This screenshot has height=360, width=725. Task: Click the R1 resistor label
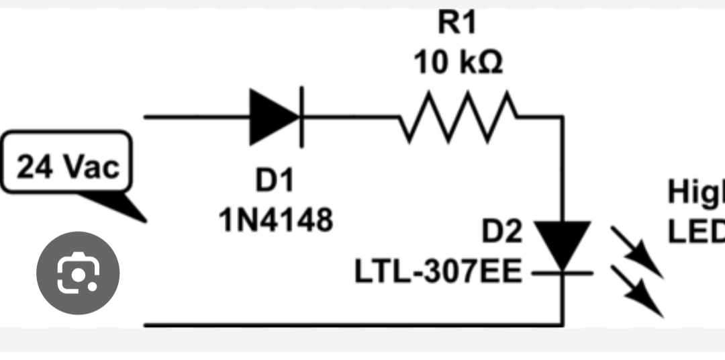point(456,23)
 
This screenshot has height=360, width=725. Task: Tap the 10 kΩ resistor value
point(458,63)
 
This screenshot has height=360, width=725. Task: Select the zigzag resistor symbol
point(460,117)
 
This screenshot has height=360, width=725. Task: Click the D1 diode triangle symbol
point(274,117)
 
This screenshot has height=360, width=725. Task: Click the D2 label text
point(501,232)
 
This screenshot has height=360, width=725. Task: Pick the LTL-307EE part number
point(438,273)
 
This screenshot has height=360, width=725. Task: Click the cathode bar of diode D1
point(301,117)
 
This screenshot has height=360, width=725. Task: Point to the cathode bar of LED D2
point(563,273)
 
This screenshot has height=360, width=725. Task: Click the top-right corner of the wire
point(563,117)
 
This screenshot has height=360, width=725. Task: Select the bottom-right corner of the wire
point(563,325)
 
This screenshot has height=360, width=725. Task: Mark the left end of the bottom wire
point(146,325)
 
